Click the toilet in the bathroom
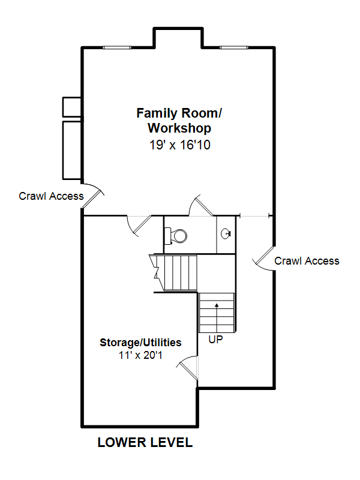pos(175,236)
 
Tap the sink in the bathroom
pos(226,234)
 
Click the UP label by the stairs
pos(216,339)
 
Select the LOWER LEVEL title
pos(145,443)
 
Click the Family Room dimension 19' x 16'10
pos(179,145)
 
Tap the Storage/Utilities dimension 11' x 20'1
pos(140,355)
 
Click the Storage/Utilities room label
pos(140,342)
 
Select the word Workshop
pos(179,128)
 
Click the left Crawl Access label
pos(51,196)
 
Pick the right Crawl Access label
pos(307,261)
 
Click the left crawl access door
pos(93,196)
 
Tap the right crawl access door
pos(263,259)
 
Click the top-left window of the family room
pos(116,47)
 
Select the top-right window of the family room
pos(234,47)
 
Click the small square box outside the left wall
pos(72,107)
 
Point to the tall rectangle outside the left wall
pos(72,150)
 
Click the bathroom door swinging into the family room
pos(201,205)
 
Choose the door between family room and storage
pos(139,226)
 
